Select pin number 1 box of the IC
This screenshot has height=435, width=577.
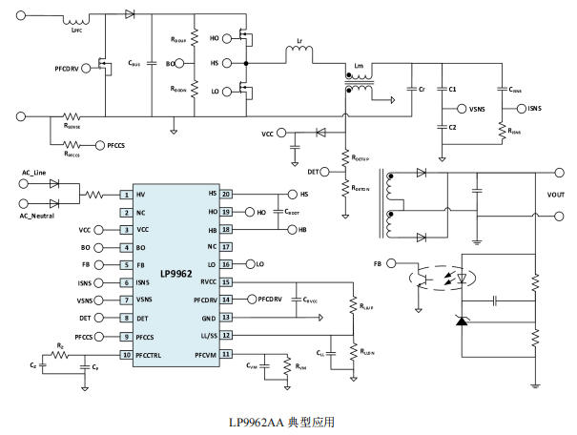tap(125, 194)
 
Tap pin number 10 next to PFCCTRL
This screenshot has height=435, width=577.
tap(125, 355)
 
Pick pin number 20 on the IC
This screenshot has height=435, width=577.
tap(226, 194)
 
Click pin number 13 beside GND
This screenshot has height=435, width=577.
tap(226, 319)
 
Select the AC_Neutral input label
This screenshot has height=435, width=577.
tap(40, 217)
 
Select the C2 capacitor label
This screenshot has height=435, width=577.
tap(452, 127)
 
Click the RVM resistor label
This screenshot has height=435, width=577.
tap(300, 365)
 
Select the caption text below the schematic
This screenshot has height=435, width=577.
tap(288, 421)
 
